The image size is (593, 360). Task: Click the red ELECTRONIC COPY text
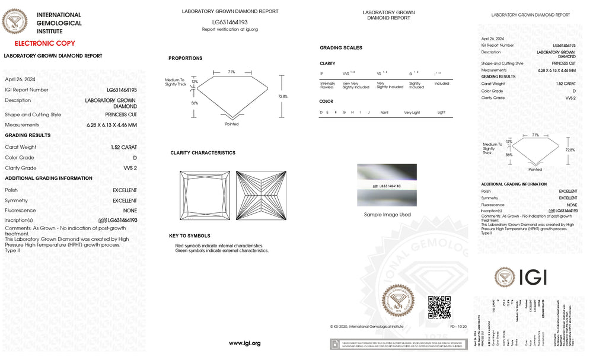45,43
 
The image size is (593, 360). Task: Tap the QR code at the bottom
439,307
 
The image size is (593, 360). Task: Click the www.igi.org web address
245,343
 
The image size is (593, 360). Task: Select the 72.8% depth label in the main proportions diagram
283,96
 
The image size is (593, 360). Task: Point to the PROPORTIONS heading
185,58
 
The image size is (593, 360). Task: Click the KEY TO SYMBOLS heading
189,236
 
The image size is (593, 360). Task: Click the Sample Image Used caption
387,215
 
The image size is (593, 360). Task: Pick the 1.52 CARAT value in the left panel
123,147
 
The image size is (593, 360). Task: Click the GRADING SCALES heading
341,48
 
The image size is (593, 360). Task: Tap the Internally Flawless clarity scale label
328,85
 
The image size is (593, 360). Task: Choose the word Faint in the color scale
384,112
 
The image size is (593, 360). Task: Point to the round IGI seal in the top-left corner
15,23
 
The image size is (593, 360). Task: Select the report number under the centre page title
230,22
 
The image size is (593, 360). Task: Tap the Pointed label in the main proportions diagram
232,124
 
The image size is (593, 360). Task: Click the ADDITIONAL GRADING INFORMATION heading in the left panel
49,178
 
